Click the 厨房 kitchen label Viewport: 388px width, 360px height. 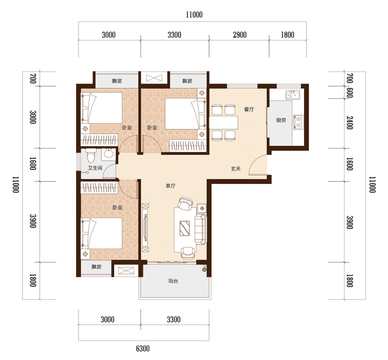(x=281, y=120)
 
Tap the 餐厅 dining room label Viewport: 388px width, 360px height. (x=249, y=109)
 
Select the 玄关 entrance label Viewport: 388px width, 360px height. (x=236, y=169)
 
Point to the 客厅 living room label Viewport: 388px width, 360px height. (x=171, y=186)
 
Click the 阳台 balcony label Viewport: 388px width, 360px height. (x=173, y=281)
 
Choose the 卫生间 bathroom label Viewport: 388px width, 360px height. (x=95, y=168)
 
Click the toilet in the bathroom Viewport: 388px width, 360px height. (x=91, y=155)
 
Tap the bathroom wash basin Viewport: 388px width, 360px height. (x=108, y=153)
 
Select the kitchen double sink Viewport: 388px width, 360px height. (x=293, y=95)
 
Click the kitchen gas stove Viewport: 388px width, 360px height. (x=298, y=122)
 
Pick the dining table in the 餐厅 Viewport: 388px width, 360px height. (x=224, y=123)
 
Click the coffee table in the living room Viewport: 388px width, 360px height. (x=185, y=229)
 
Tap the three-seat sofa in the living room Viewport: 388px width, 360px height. (x=200, y=229)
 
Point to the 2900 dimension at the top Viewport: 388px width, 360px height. (x=240, y=35)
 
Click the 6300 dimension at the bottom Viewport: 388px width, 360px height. (x=143, y=349)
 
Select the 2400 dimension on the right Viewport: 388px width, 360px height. (x=349, y=123)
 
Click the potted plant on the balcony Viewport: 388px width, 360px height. (x=204, y=269)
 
